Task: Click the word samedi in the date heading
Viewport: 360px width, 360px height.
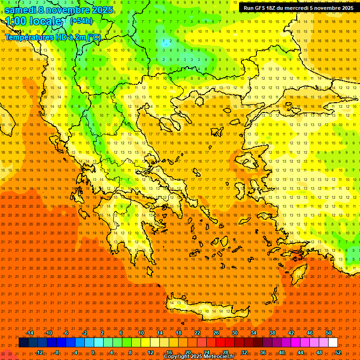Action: click(20, 9)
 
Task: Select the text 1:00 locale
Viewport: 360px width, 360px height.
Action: click(34, 21)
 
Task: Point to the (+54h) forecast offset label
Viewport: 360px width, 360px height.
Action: click(81, 21)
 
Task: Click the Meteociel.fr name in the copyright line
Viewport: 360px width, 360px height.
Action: click(218, 357)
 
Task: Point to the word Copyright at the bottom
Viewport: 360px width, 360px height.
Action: click(176, 357)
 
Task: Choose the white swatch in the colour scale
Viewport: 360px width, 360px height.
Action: click(333, 343)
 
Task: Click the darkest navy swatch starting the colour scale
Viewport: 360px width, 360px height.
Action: click(23, 343)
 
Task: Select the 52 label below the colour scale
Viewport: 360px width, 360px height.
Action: click(337, 352)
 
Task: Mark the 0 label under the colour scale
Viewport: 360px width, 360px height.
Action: click(93, 352)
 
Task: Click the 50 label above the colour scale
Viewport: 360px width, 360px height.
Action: click(329, 333)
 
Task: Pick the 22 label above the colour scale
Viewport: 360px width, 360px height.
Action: click(197, 333)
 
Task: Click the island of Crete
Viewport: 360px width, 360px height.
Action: click(206, 309)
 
